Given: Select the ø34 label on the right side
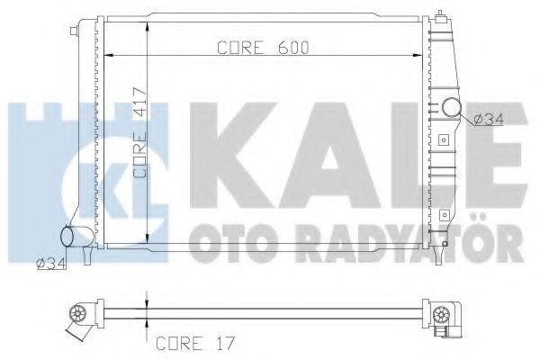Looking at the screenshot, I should [487, 118].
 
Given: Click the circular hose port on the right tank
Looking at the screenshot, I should [453, 110].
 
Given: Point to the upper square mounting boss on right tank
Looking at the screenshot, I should [443, 140].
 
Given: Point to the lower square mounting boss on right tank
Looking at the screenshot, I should [443, 214].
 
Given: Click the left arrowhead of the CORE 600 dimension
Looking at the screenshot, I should [110, 57].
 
